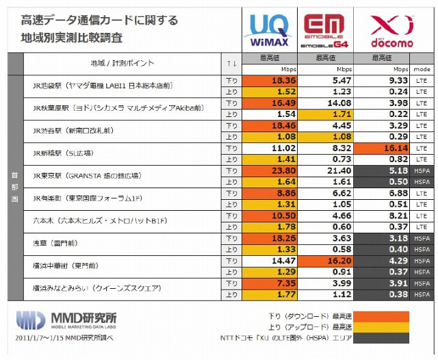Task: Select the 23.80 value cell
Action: [x=270, y=170]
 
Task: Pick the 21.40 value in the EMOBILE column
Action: [x=326, y=170]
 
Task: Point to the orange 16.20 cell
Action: [x=326, y=261]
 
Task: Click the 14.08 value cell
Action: [x=326, y=103]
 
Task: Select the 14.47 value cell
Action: [x=270, y=261]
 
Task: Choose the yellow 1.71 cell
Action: [x=326, y=114]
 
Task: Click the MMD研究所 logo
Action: [x=66, y=319]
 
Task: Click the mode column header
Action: [x=421, y=69]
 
